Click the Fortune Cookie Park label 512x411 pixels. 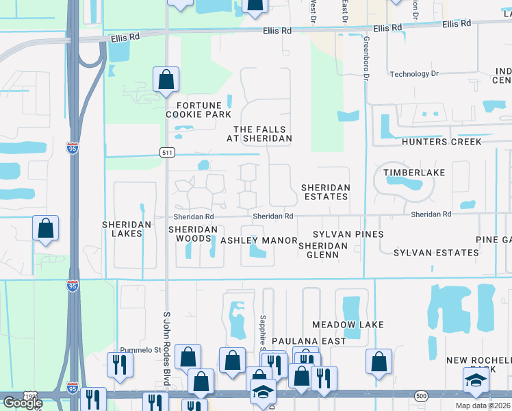point(199,110)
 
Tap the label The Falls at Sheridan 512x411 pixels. point(259,134)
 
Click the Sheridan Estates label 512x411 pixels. point(326,192)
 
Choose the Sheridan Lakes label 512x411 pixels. point(122,229)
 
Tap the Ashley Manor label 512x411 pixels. point(259,240)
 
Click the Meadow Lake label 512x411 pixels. point(348,324)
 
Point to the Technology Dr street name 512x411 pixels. point(413,74)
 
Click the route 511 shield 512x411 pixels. point(166,152)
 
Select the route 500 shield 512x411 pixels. point(420,395)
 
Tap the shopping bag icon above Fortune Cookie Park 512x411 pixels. point(166,80)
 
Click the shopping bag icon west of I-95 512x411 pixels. point(45,229)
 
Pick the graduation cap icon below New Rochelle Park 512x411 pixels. point(476,381)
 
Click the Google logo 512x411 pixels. point(22,403)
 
